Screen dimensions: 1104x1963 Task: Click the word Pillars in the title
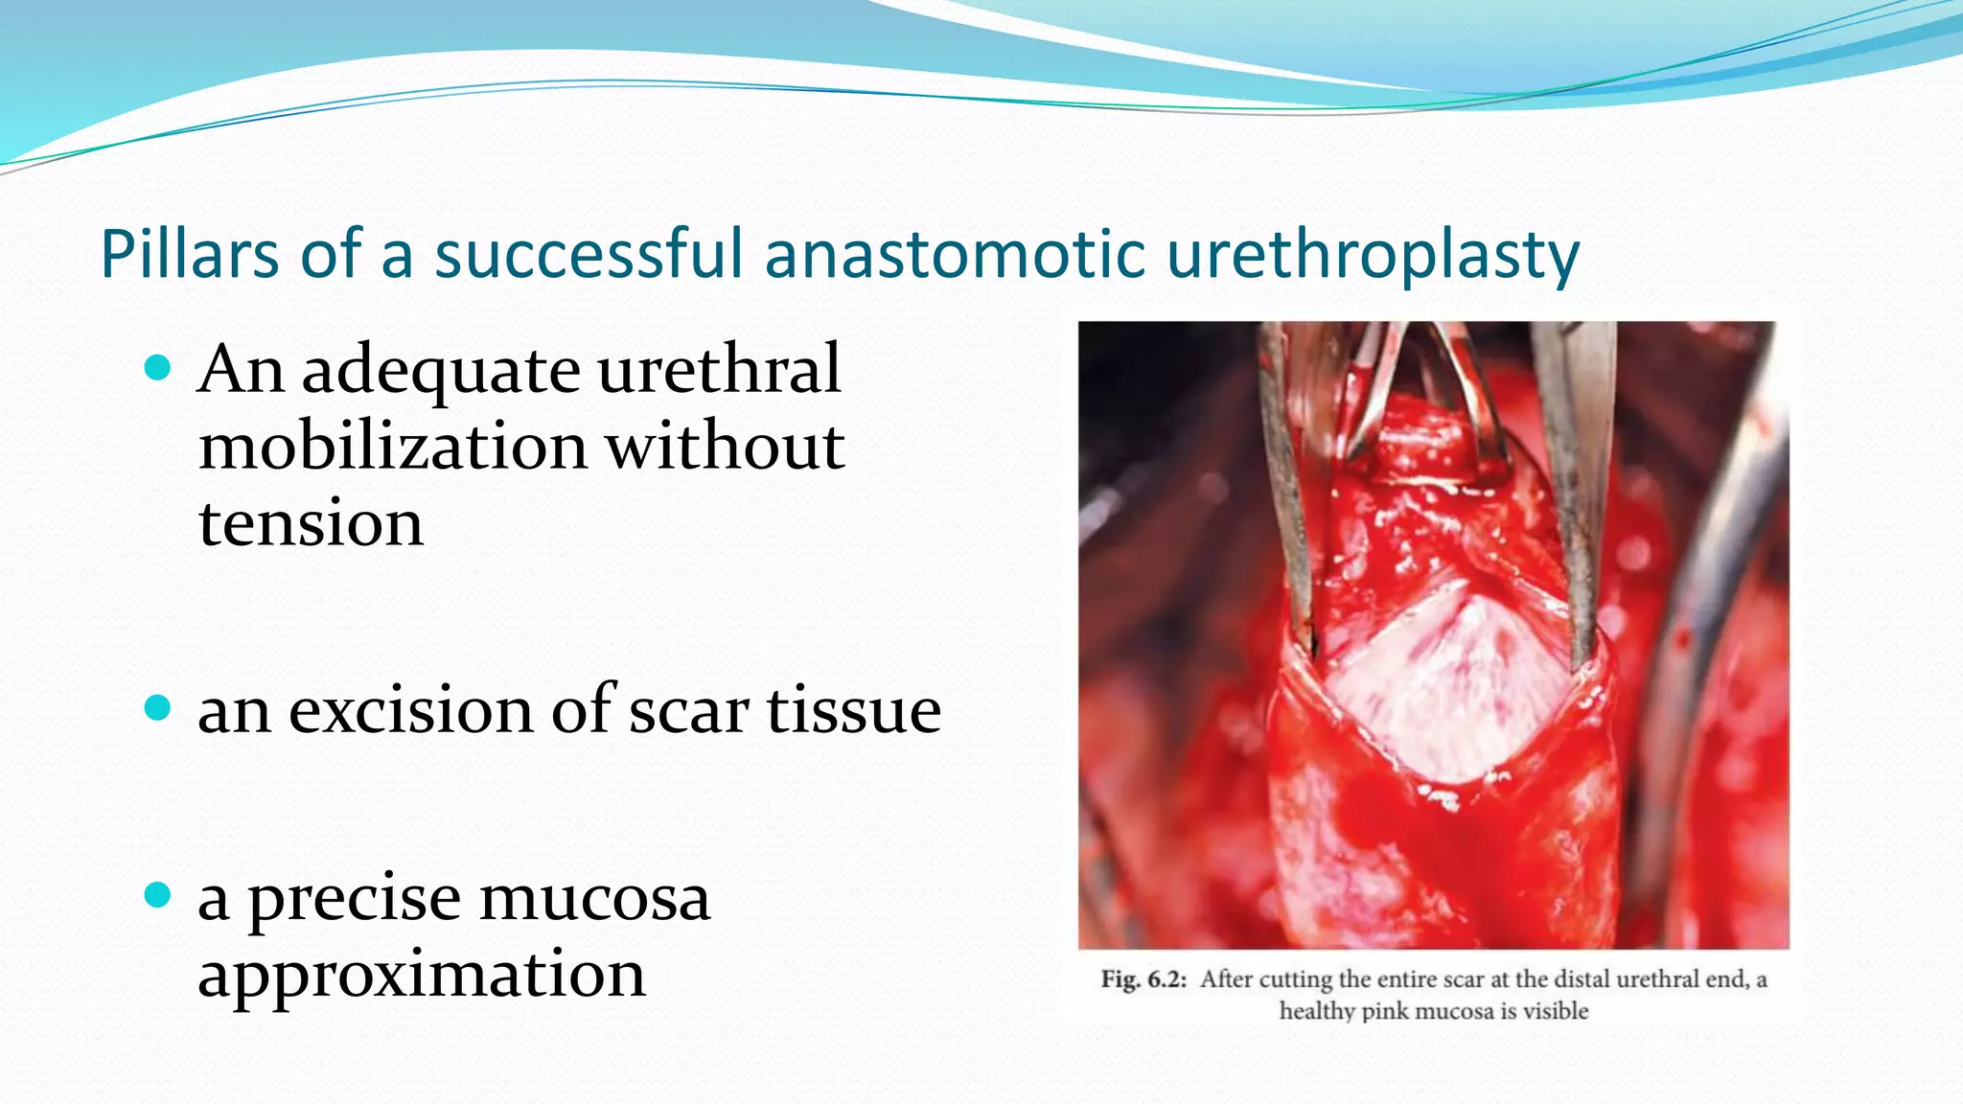click(189, 255)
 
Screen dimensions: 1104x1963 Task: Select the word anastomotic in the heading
click(954, 255)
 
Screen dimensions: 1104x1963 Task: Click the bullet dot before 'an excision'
click(157, 708)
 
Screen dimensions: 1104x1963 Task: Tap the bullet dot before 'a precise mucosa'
click(157, 896)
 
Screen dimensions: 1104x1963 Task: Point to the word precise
click(354, 900)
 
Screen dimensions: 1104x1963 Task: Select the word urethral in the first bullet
click(719, 369)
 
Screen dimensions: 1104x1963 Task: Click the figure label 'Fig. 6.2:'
click(1143, 979)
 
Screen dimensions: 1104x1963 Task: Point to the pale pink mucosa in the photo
click(1428, 685)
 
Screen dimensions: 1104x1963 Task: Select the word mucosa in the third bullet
click(594, 900)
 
